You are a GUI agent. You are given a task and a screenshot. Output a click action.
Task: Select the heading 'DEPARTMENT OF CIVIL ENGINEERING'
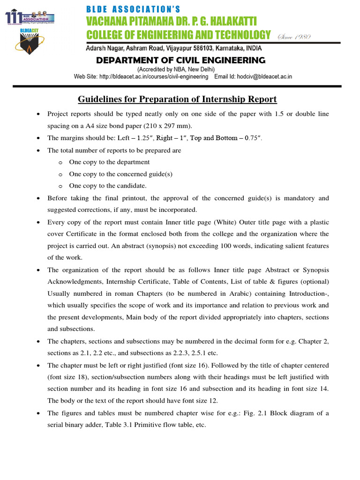click(x=180, y=60)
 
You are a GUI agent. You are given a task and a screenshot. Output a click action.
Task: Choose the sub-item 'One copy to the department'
click(x=109, y=162)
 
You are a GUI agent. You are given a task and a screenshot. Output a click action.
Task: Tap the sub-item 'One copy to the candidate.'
click(x=108, y=186)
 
